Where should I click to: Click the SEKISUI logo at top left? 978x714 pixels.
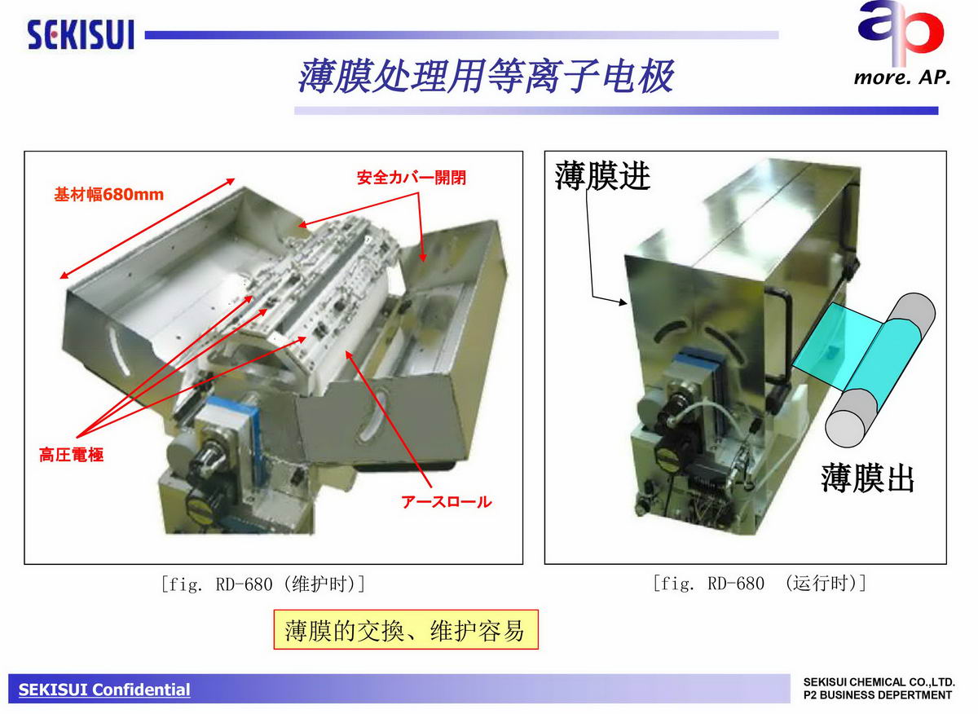coord(81,34)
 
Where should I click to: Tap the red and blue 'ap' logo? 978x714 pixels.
coord(901,32)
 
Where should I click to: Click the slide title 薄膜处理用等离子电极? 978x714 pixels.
coord(486,77)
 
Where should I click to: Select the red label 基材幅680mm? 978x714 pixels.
coord(108,194)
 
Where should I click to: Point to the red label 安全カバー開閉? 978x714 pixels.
coord(412,178)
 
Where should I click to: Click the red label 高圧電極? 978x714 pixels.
coord(72,455)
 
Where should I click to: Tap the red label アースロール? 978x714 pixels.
coord(447,502)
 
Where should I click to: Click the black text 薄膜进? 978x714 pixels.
coord(602,175)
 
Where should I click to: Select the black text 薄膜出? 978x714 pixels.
coord(867,478)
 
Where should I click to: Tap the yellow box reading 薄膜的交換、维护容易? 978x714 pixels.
coord(406,630)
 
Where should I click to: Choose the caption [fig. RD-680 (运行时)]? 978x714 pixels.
coord(760,583)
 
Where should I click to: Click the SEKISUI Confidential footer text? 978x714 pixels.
coord(104,690)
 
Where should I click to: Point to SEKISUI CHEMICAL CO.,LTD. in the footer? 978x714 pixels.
coord(879,682)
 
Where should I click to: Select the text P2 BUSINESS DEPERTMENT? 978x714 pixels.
coord(877,695)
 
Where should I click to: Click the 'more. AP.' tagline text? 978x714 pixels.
coord(902,77)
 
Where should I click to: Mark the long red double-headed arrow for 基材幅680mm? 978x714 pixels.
coord(148,228)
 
